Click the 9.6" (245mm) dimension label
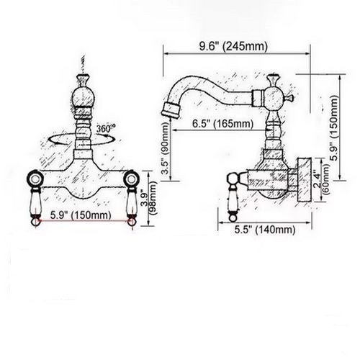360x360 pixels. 233,46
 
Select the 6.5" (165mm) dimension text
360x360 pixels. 222,124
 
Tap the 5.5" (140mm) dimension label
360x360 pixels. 265,230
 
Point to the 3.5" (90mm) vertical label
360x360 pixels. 166,148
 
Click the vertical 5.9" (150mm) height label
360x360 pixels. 333,128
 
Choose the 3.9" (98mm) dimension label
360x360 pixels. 149,198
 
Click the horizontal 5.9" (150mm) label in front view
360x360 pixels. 81,215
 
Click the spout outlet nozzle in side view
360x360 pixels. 171,110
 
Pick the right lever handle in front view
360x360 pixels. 131,207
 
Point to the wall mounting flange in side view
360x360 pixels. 305,180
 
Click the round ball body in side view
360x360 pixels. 273,98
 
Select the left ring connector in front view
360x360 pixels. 35,179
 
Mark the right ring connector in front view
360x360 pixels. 131,179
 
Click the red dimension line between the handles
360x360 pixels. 84,220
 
